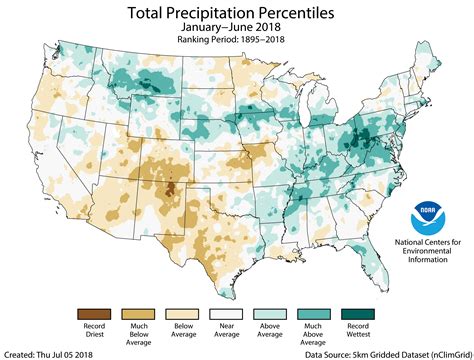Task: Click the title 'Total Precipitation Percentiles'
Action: (237, 14)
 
